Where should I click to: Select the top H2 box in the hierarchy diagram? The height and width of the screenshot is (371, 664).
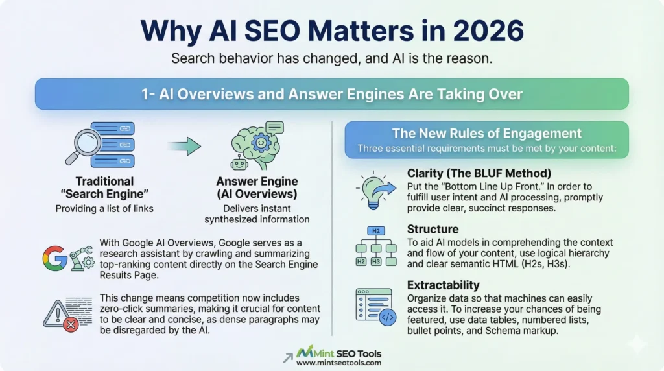click(x=375, y=230)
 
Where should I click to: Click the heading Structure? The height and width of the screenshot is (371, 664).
click(x=433, y=230)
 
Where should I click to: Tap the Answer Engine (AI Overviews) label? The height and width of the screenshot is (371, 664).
click(x=267, y=188)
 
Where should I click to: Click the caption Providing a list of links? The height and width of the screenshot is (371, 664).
click(x=104, y=209)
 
